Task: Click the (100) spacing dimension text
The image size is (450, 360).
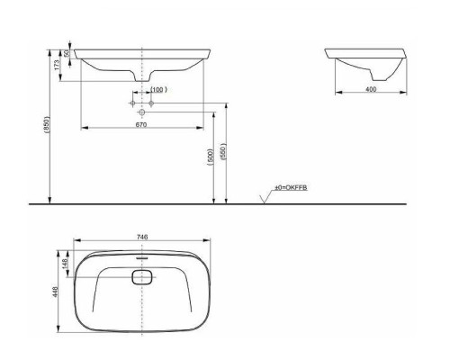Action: [158, 90]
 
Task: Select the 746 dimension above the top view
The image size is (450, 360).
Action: [142, 237]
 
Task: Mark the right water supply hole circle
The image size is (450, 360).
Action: [151, 104]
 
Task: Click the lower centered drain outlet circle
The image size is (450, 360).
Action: [142, 114]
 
